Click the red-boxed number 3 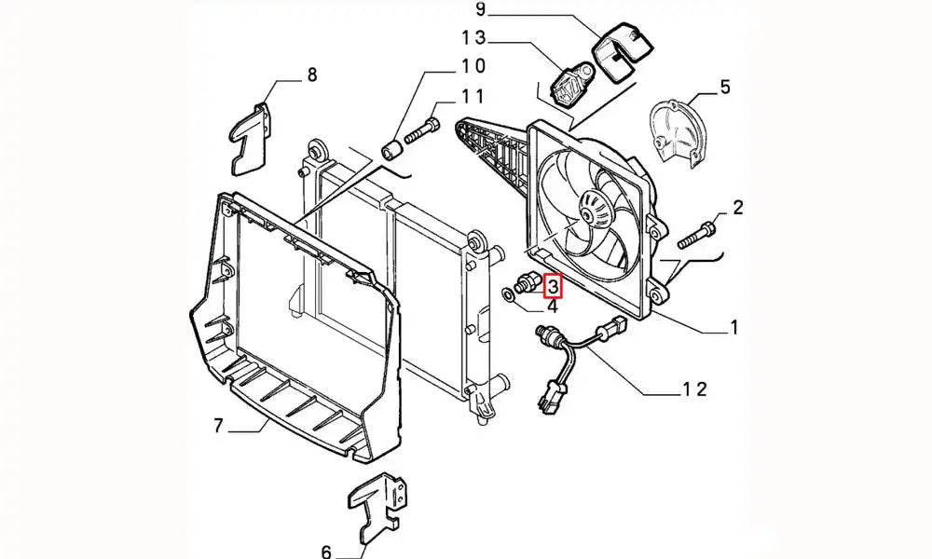552,285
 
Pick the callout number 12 695,388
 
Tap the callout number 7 219,427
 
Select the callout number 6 326,552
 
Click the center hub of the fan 589,212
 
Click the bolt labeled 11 420,131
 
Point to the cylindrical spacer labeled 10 394,148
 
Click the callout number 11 472,96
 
